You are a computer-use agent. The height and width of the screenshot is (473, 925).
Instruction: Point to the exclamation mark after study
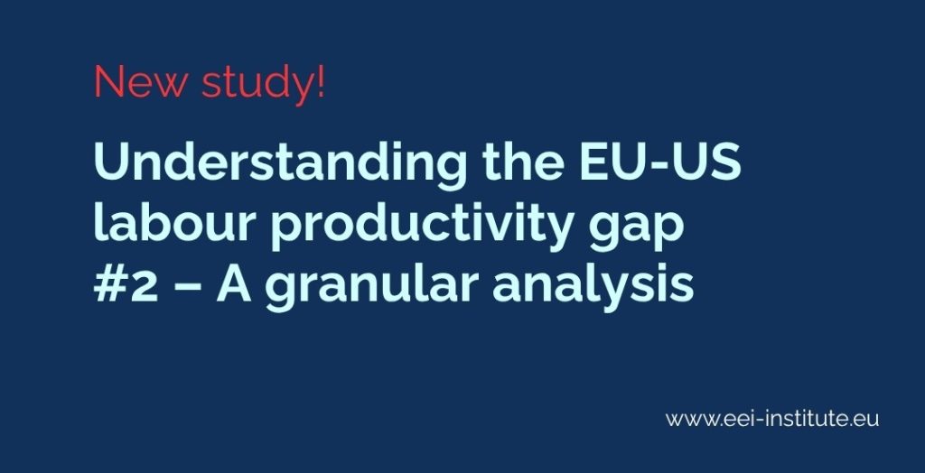pyautogui.click(x=320, y=83)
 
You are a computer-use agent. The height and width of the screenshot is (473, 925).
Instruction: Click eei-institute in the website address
pyautogui.click(x=787, y=419)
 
